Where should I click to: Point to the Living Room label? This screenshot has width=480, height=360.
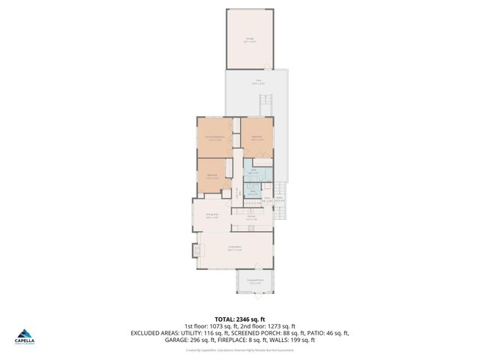tap(235, 247)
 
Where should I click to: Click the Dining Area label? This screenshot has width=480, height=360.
tap(211, 216)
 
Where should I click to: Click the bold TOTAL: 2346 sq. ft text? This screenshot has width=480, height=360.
tap(240, 319)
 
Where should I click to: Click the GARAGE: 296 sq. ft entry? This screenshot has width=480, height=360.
tap(195, 340)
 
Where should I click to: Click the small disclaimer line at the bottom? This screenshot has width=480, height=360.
tap(240, 349)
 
